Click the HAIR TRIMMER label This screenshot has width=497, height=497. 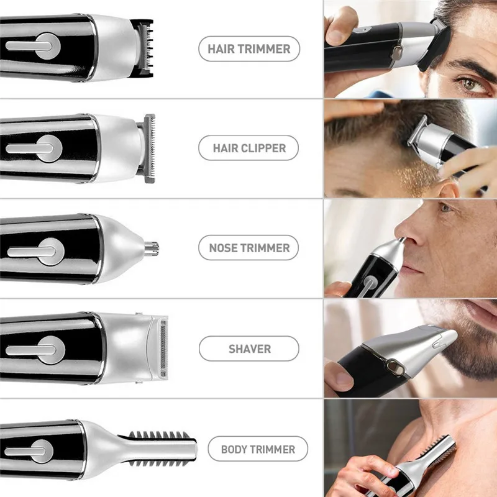point(248,48)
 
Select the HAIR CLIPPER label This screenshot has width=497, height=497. point(248,148)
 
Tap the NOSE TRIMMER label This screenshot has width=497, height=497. point(248,248)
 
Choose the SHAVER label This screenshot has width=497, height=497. point(248,349)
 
